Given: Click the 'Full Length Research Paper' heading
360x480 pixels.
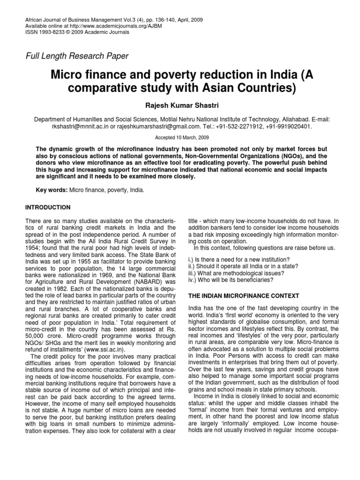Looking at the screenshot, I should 77,56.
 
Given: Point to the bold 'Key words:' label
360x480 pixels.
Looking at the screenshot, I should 52,191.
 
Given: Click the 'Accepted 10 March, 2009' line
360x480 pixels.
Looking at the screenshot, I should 180,138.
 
